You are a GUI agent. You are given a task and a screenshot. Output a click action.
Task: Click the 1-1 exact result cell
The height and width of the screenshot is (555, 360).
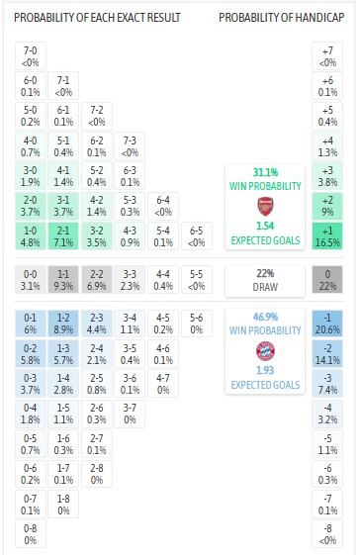tap(64, 280)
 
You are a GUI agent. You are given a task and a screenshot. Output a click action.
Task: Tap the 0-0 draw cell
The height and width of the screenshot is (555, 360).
tap(31, 280)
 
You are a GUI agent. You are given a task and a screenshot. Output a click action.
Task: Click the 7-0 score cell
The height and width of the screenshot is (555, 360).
tap(31, 56)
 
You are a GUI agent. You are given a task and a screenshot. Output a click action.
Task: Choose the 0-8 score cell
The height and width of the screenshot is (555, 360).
tap(31, 533)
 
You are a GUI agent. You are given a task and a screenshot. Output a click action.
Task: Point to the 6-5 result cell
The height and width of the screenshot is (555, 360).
tap(197, 236)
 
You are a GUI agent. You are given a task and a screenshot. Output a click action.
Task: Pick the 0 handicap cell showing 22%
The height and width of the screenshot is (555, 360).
tap(327, 280)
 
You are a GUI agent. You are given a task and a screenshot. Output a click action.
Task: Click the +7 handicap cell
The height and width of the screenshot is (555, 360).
tap(327, 56)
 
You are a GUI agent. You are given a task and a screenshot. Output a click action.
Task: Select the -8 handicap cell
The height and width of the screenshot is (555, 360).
tap(327, 533)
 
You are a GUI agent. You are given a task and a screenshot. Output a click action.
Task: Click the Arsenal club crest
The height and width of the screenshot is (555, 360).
tap(264, 207)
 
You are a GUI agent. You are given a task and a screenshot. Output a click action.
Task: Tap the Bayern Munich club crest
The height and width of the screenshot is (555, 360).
tap(264, 350)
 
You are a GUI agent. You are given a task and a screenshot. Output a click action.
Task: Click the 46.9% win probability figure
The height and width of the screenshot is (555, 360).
tap(264, 316)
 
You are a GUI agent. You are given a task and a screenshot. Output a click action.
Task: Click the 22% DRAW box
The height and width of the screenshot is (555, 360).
tap(264, 280)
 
